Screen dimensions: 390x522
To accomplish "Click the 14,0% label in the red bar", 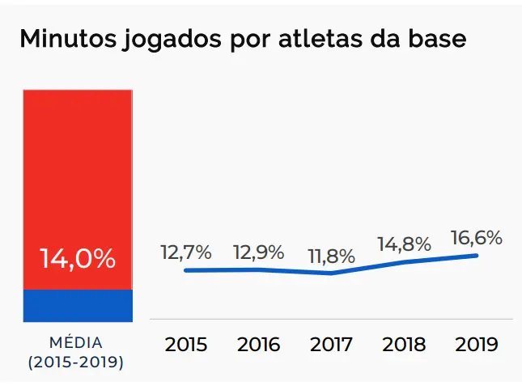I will coord(78,259).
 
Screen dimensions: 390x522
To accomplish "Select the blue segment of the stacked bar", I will coord(78,304).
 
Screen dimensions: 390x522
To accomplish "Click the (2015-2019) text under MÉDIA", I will coord(76,362).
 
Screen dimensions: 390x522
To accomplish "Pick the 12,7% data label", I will coord(186,252).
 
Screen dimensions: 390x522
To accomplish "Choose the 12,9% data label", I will coord(259,252).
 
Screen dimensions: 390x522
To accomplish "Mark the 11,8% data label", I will coord(331,256).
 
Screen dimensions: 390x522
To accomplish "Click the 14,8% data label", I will coord(404,244).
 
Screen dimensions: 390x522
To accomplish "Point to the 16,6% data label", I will coord(477,238).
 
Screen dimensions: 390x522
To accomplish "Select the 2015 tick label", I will coord(186,345).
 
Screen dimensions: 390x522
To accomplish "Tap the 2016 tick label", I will coord(259,345).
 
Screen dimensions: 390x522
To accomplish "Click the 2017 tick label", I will coord(331,345).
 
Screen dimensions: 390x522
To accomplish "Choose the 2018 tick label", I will coord(404,345).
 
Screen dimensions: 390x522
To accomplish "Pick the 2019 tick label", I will coord(477,345).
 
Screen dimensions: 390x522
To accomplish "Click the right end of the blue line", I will coord(477,256).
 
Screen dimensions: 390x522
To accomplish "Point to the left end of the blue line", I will coord(186,270).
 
